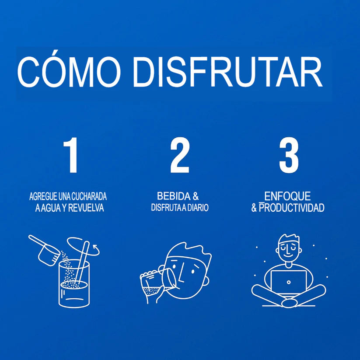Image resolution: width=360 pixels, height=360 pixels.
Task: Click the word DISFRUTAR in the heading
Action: point(228,72)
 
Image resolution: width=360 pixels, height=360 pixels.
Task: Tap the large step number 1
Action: point(71,155)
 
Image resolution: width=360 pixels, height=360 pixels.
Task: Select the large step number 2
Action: point(180,155)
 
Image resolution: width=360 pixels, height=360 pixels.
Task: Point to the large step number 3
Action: point(289,155)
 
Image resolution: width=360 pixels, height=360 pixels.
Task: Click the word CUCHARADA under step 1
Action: point(89,196)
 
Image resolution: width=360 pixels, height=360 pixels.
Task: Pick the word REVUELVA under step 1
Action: point(86,208)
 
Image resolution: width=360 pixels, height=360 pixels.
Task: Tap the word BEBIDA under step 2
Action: point(174,196)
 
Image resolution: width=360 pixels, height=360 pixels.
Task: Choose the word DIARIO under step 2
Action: point(198,207)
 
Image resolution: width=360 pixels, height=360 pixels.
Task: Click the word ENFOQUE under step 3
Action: point(287,196)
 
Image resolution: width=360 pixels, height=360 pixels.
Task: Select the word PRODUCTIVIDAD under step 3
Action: point(292,208)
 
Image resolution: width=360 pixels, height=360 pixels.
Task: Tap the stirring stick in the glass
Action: point(82,262)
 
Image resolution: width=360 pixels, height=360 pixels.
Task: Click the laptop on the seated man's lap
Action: point(289,282)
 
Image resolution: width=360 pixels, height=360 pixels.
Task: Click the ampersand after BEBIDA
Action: point(196,196)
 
